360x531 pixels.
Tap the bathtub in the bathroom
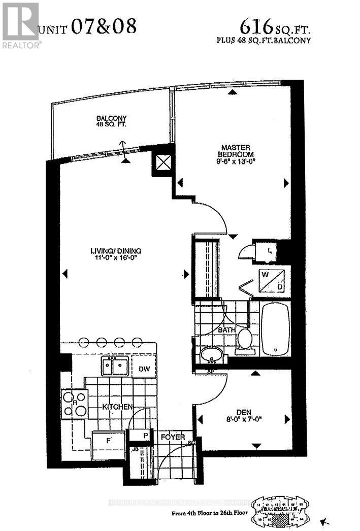coord(275,327)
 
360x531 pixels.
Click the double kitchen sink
coord(114,366)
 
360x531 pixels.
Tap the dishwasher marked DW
coord(144,366)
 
